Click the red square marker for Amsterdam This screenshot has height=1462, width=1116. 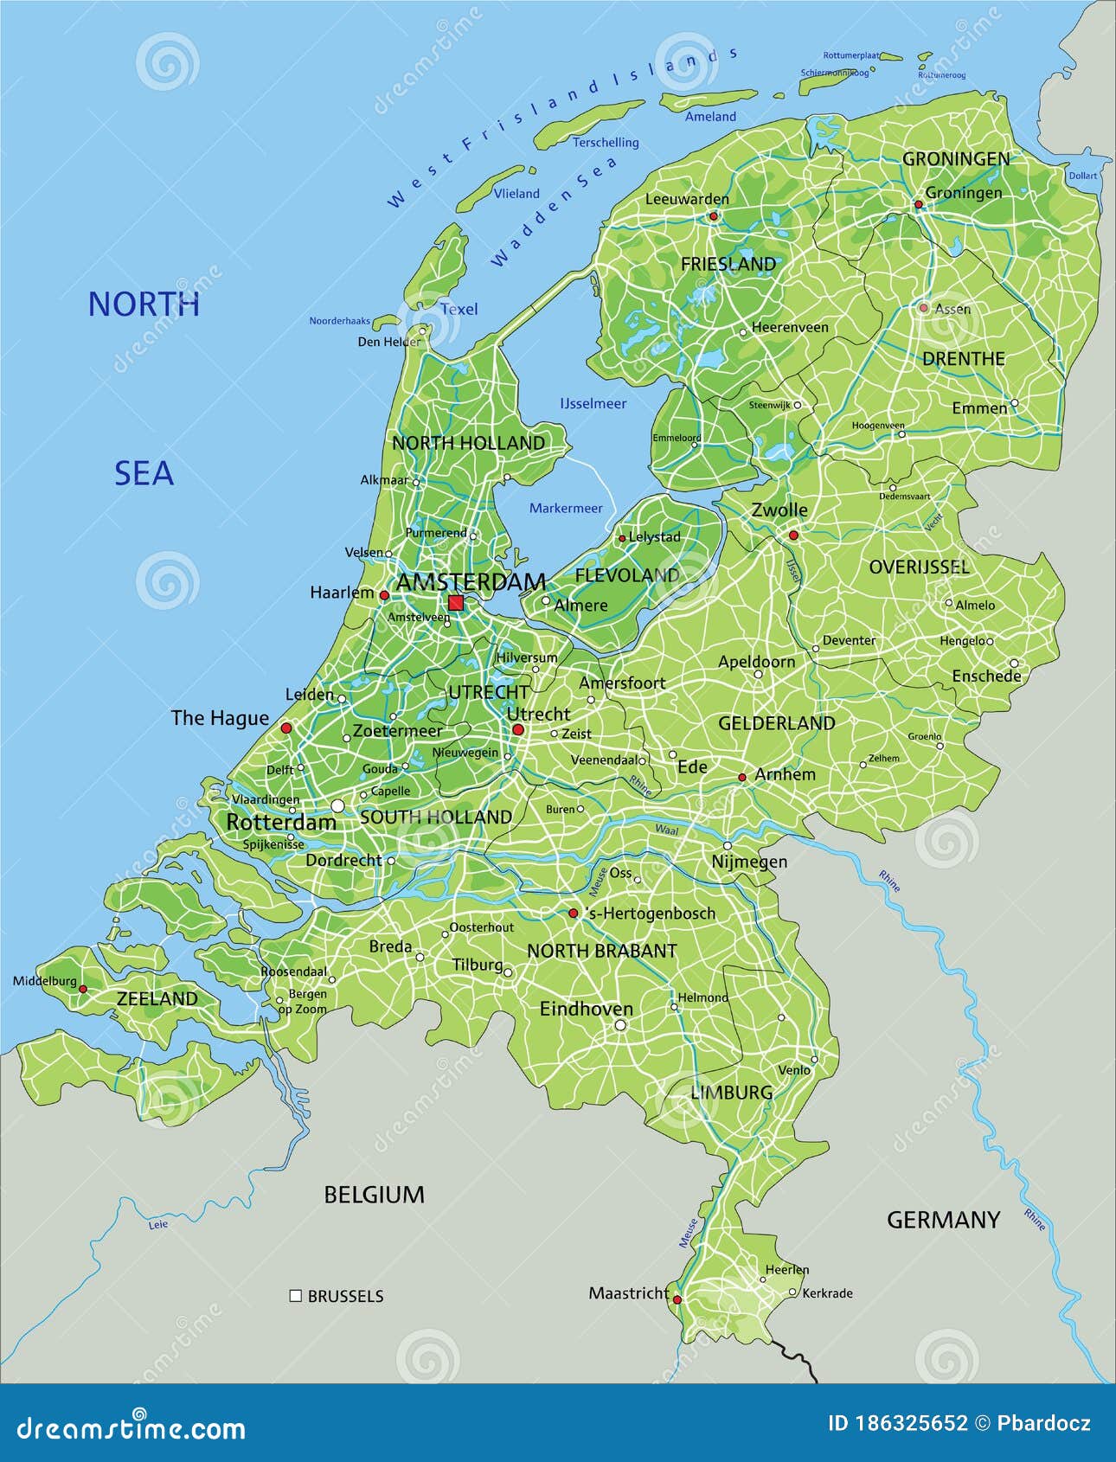pyautogui.click(x=456, y=603)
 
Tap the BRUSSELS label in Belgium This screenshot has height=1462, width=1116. pyautogui.click(x=345, y=1296)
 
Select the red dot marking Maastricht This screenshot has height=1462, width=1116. pyautogui.click(x=677, y=1299)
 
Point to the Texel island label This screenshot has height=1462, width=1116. pyautogui.click(x=459, y=309)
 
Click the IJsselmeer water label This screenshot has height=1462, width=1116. pyautogui.click(x=593, y=403)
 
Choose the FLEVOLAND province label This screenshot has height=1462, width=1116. pyautogui.click(x=627, y=575)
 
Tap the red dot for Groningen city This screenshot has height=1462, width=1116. pyautogui.click(x=919, y=205)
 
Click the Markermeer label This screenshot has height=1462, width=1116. pyautogui.click(x=566, y=508)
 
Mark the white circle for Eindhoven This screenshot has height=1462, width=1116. pyautogui.click(x=620, y=1025)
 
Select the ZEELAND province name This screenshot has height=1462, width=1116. pyautogui.click(x=157, y=998)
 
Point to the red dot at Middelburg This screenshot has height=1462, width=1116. pyautogui.click(x=83, y=989)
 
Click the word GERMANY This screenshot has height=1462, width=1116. pyautogui.click(x=943, y=1220)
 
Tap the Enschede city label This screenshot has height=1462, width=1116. pyautogui.click(x=986, y=676)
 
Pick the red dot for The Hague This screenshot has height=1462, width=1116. pyautogui.click(x=286, y=728)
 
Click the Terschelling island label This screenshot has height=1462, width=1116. pyautogui.click(x=606, y=142)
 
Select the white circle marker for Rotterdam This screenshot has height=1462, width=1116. pyautogui.click(x=337, y=805)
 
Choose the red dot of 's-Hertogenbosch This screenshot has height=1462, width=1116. pyautogui.click(x=573, y=913)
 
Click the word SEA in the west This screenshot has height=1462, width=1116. pyautogui.click(x=144, y=473)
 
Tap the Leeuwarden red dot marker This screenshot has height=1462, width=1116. pyautogui.click(x=714, y=216)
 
